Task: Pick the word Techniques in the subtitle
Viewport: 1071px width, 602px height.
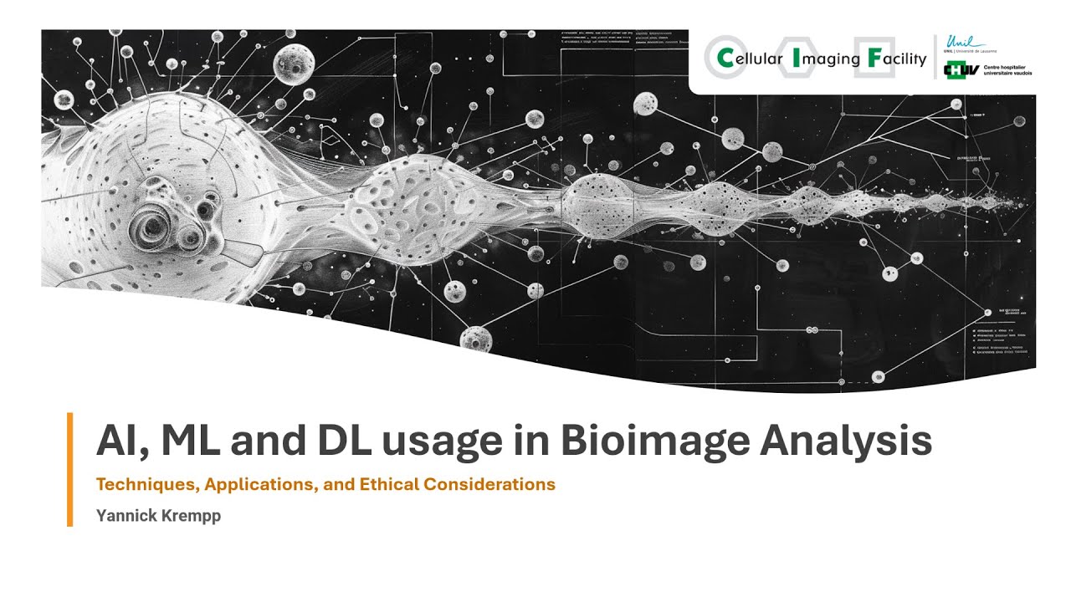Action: pyautogui.click(x=140, y=484)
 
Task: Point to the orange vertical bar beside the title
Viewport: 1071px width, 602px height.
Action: pyautogui.click(x=70, y=469)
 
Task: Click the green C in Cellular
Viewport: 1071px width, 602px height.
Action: pyautogui.click(x=725, y=59)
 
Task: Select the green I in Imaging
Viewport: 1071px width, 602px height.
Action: pyautogui.click(x=797, y=59)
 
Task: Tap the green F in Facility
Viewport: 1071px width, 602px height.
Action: pyautogui.click(x=874, y=59)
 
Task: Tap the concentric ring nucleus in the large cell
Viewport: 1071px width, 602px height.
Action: pyautogui.click(x=154, y=224)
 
